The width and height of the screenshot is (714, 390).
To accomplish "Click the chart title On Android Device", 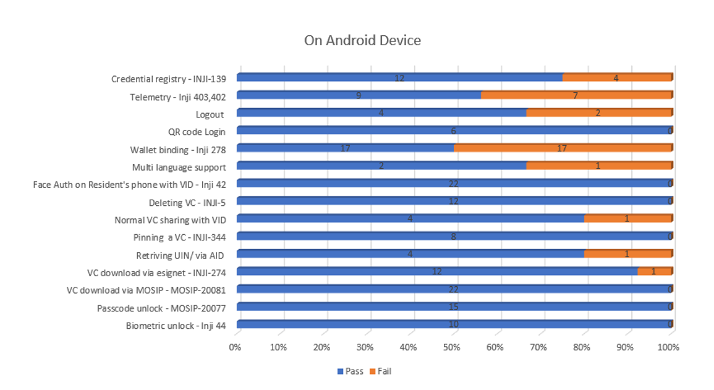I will click(362, 41).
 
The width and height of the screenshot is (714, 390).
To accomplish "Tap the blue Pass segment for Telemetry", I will click(359, 95).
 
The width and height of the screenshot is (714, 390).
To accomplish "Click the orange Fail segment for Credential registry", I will click(616, 78).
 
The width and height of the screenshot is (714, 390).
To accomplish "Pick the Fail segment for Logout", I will click(598, 113).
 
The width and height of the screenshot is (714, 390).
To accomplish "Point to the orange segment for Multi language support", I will click(598, 166).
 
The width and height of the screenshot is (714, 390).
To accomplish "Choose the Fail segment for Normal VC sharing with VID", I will click(627, 219).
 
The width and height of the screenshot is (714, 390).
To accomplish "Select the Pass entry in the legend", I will click(350, 371).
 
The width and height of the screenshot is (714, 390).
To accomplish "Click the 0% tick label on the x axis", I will click(236, 347).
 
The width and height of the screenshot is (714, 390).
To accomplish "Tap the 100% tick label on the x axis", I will click(669, 347).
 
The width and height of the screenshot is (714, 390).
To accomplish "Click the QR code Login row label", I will click(197, 132).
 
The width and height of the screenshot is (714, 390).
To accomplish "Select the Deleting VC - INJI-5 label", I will click(187, 202).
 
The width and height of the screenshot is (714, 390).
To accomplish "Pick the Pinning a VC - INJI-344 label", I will click(179, 237).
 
